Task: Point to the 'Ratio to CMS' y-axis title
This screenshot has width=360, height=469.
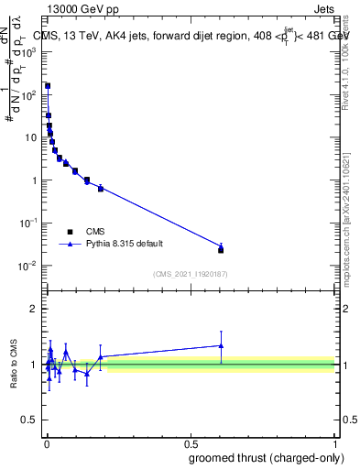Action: [16, 363]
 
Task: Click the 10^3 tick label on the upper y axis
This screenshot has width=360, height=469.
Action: [28, 52]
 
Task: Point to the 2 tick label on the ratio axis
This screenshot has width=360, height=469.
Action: [34, 309]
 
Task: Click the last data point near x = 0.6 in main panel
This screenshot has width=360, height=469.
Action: [221, 248]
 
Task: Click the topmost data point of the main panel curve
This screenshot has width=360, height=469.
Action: [47, 86]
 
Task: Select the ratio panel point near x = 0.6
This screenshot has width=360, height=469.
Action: [221, 345]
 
